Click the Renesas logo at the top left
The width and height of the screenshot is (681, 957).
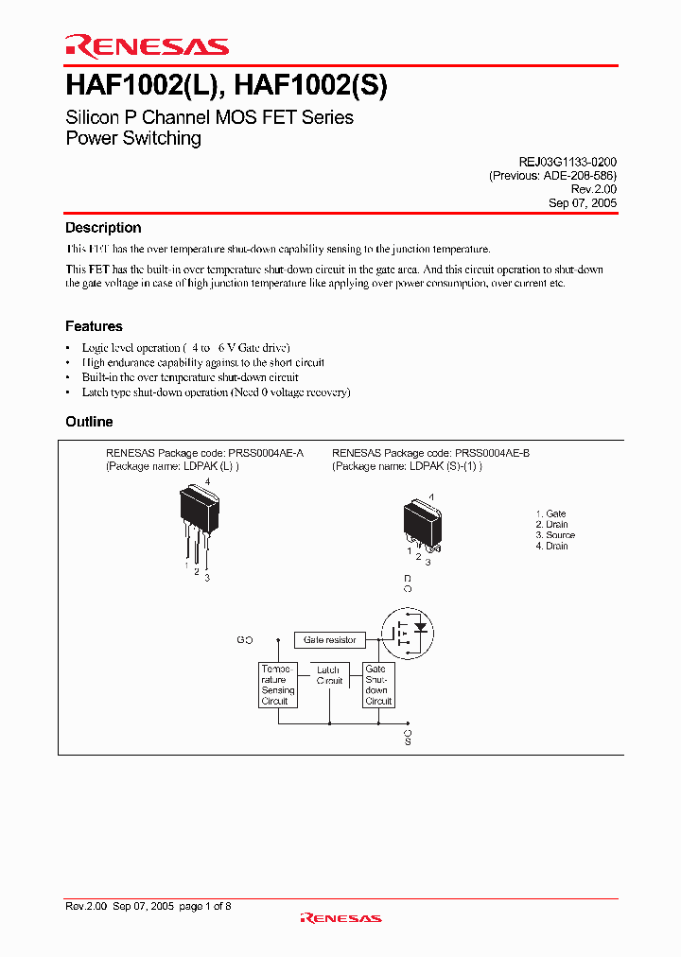[x=147, y=45]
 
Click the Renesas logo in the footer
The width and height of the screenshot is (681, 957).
[x=340, y=917]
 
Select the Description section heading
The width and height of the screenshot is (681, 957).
[x=103, y=228]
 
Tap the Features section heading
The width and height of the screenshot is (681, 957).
[x=94, y=326]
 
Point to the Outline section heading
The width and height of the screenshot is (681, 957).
[x=89, y=422]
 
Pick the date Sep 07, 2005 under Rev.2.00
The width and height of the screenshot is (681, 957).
[x=583, y=203]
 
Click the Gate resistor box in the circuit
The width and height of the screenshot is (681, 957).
[x=330, y=640]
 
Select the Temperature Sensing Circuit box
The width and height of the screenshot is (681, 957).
[x=278, y=686]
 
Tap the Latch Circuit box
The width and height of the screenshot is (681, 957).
[x=328, y=675]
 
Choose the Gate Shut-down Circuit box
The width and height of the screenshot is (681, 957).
[x=377, y=686]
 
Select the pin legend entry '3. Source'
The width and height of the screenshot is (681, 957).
[x=555, y=535]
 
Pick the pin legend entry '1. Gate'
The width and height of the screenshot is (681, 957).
[x=550, y=513]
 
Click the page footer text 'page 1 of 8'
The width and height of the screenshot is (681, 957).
[x=204, y=906]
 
